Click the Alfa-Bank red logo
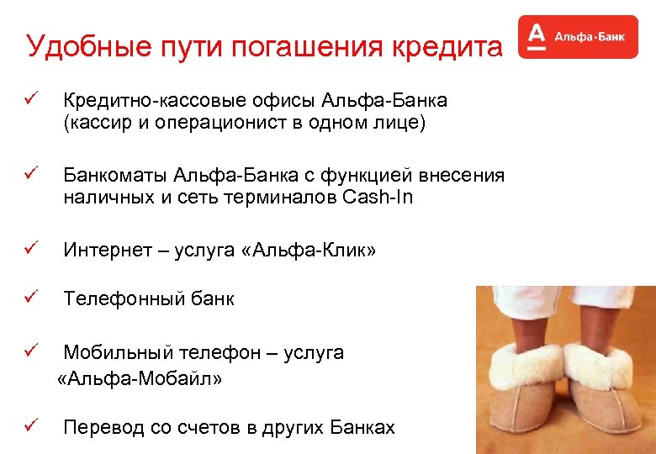pos(578,37)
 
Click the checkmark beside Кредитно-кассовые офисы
pos(32,101)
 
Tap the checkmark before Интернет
pos(32,250)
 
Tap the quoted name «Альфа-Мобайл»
pos(140,379)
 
